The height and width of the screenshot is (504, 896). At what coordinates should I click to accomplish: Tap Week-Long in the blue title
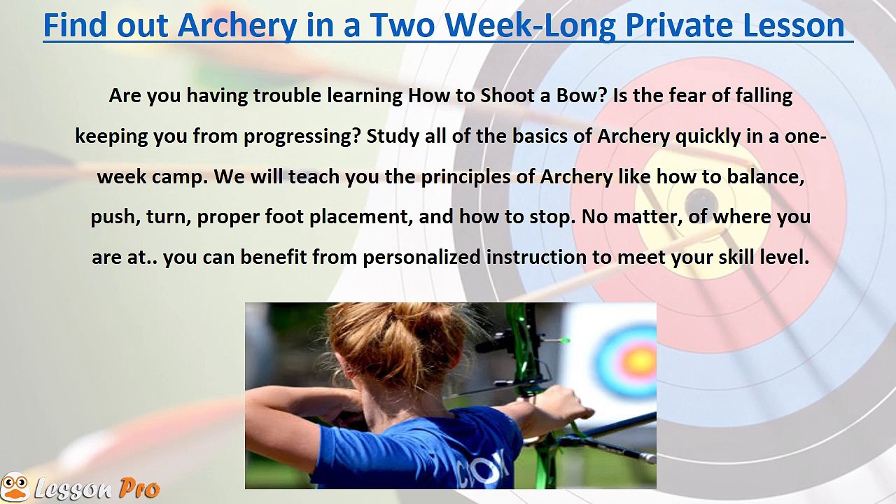point(531,27)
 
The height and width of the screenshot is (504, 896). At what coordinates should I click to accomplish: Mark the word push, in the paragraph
point(115,217)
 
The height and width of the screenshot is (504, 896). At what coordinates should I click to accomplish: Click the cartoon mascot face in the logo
point(15,486)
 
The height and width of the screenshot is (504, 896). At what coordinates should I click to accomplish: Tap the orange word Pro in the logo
point(139,489)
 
